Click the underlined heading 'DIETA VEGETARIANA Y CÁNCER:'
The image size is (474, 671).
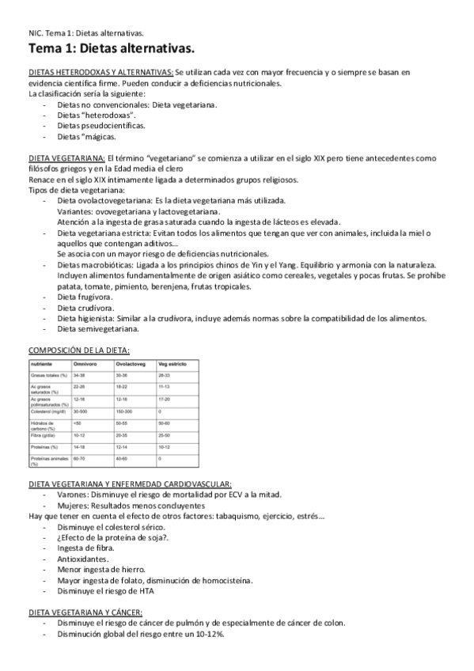pos(85,612)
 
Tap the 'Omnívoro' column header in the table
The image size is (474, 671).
pos(85,363)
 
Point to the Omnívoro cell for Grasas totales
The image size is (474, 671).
pos(78,374)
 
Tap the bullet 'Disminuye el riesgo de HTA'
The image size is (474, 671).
pos(110,590)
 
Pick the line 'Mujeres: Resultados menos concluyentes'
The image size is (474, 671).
pos(131,505)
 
